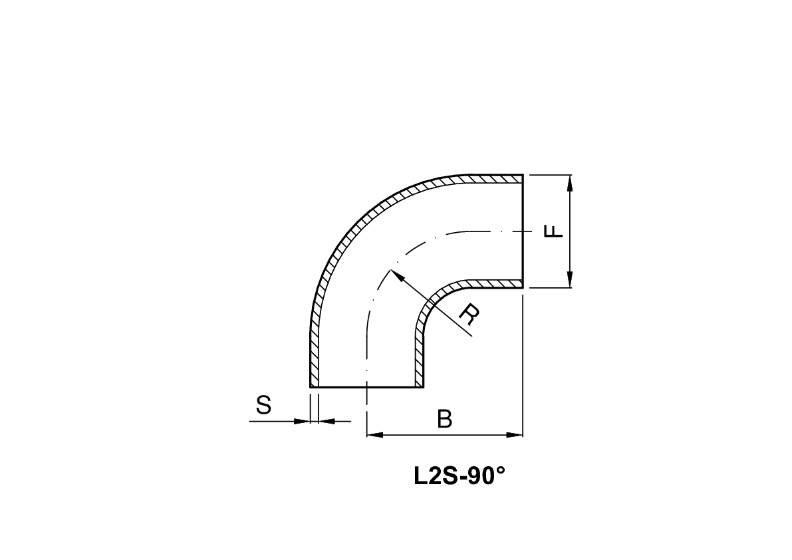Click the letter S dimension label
264,404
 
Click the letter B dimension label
445,420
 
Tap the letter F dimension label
553,231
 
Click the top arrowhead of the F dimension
570,182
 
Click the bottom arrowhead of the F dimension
570,281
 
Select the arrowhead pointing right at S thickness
304,420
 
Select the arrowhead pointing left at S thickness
326,420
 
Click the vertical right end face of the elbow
523,231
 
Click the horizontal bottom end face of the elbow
366,387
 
